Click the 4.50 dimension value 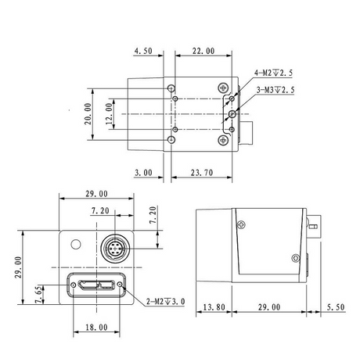click(143, 51)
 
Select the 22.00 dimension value click(203, 51)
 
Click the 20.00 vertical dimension click(88, 113)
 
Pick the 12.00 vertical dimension click(109, 113)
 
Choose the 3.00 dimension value click(143, 173)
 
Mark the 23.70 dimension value click(202, 173)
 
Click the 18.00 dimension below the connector click(96, 327)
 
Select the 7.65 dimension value click(38, 295)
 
